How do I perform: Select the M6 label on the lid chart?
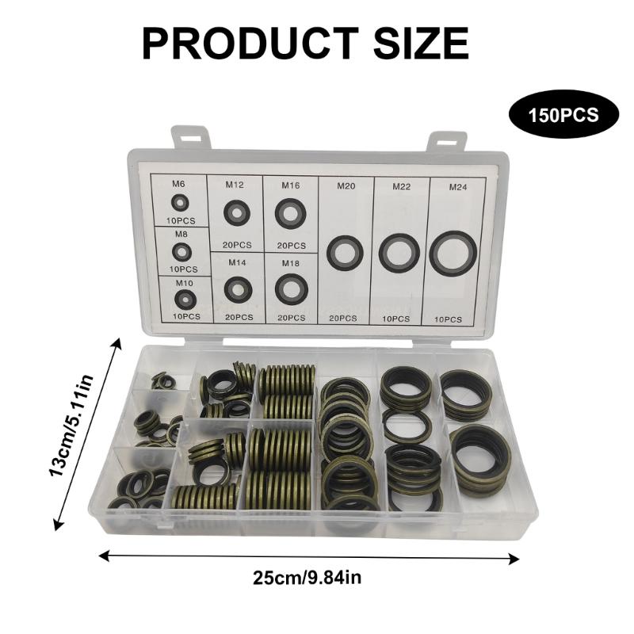point(178,184)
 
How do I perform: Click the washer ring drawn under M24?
point(453,254)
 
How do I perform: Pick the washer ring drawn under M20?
point(345,251)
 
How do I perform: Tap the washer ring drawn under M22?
point(399,253)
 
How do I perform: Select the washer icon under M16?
point(291,213)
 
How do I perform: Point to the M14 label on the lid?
point(237,262)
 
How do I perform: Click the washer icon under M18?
point(291,288)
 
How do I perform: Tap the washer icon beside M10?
point(184,299)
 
